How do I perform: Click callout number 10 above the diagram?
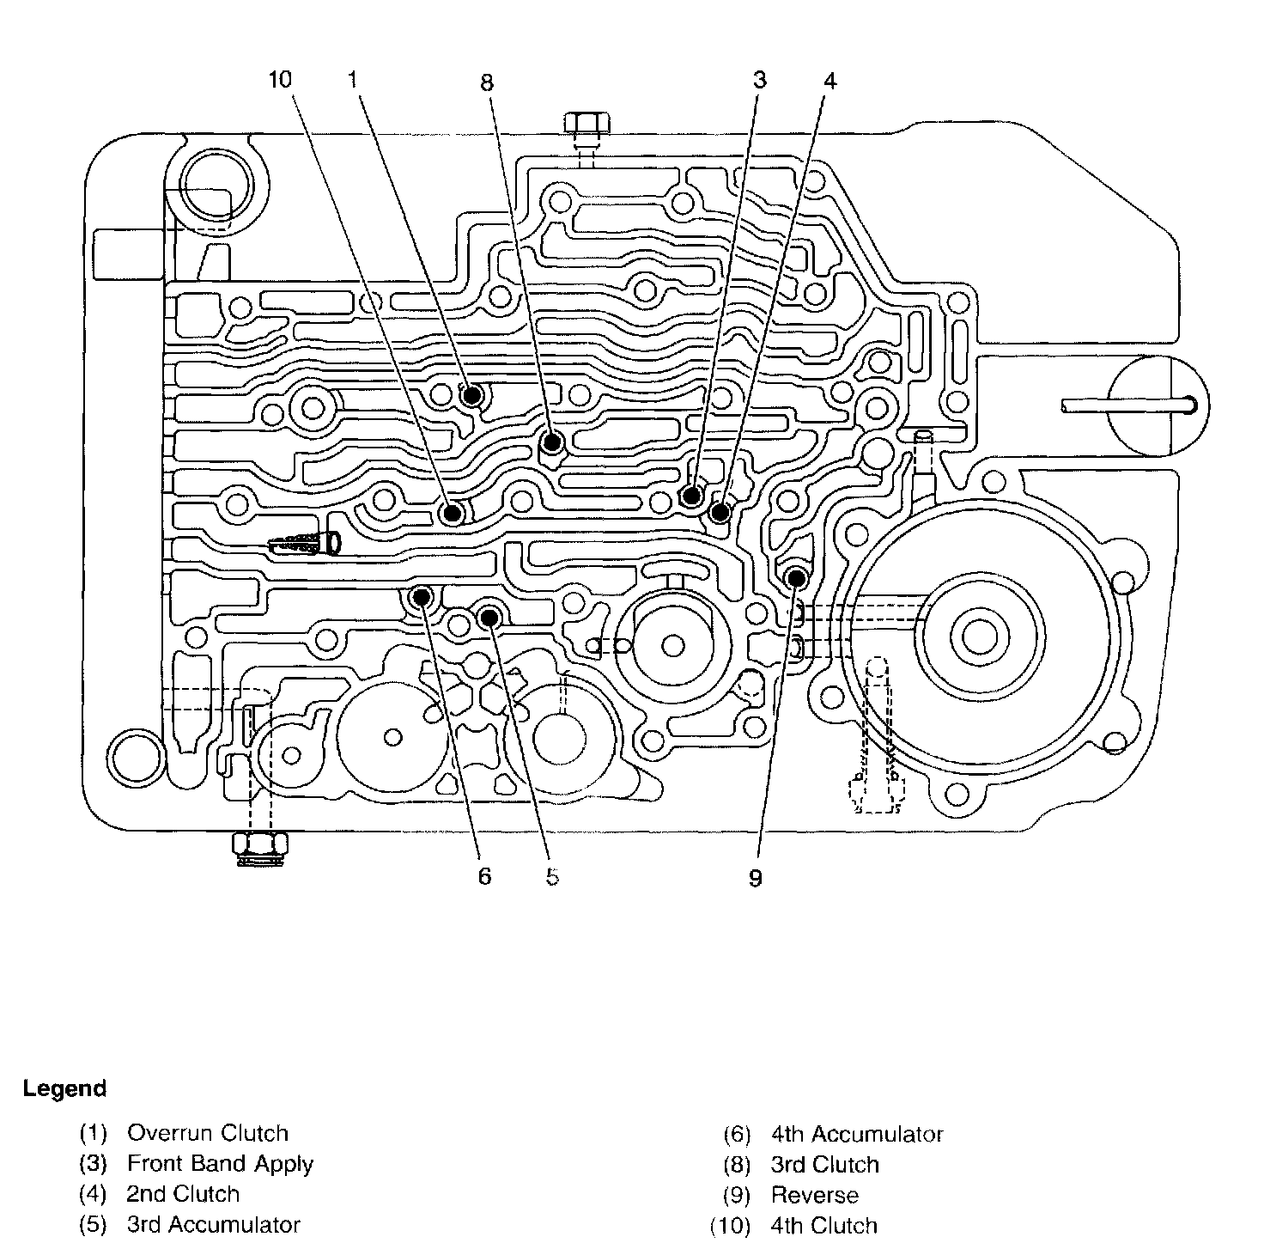click(280, 80)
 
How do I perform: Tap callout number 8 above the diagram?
click(487, 82)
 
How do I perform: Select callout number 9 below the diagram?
click(755, 878)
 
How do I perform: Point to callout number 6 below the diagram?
click(484, 876)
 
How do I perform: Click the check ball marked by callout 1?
click(471, 396)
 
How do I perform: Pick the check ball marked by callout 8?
click(551, 442)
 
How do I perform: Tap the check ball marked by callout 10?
click(452, 513)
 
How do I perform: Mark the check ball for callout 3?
click(691, 496)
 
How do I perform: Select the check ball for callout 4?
click(720, 512)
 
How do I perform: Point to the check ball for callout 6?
click(422, 596)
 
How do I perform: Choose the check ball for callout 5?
click(489, 616)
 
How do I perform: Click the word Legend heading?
click(65, 1089)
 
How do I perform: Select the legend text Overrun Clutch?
click(208, 1133)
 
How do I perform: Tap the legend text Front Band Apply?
click(220, 1164)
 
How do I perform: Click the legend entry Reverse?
click(814, 1195)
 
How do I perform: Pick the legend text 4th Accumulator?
click(856, 1135)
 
